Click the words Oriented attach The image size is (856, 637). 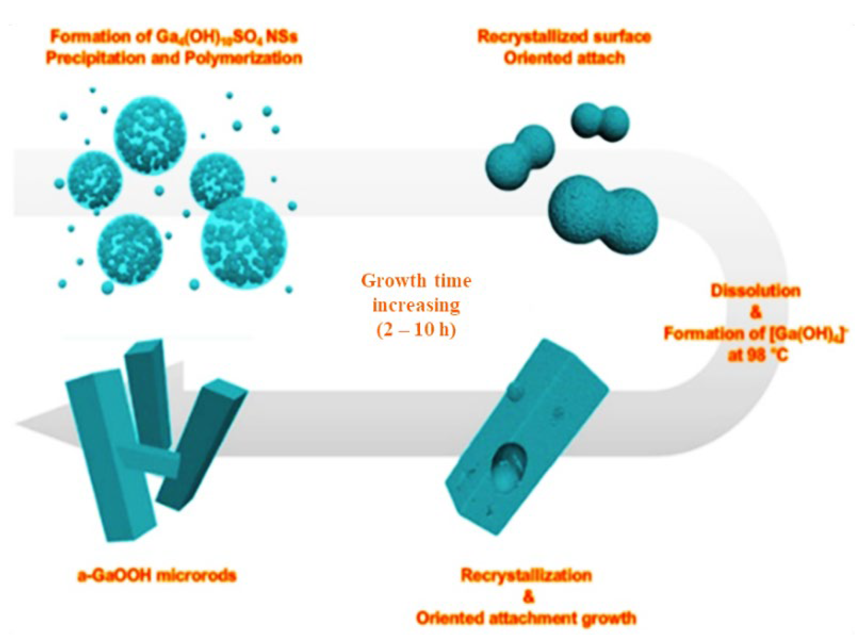tap(564, 58)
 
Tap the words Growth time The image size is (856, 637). tap(416, 281)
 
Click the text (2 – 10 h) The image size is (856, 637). tap(416, 330)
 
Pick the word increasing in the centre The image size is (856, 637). tap(416, 305)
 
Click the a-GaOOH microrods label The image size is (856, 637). tap(157, 576)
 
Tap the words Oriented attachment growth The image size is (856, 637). tap(526, 618)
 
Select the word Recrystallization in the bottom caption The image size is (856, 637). tap(526, 576)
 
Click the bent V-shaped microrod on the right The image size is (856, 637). tap(201, 440)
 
